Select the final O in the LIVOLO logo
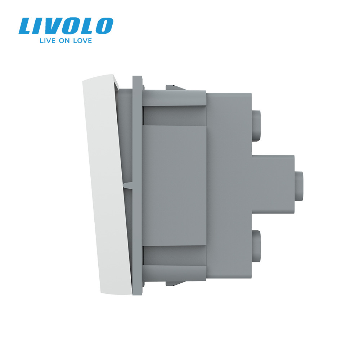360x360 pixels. (103, 26)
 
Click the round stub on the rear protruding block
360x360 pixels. (299, 184)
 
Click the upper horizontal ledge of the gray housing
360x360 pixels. (174, 100)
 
